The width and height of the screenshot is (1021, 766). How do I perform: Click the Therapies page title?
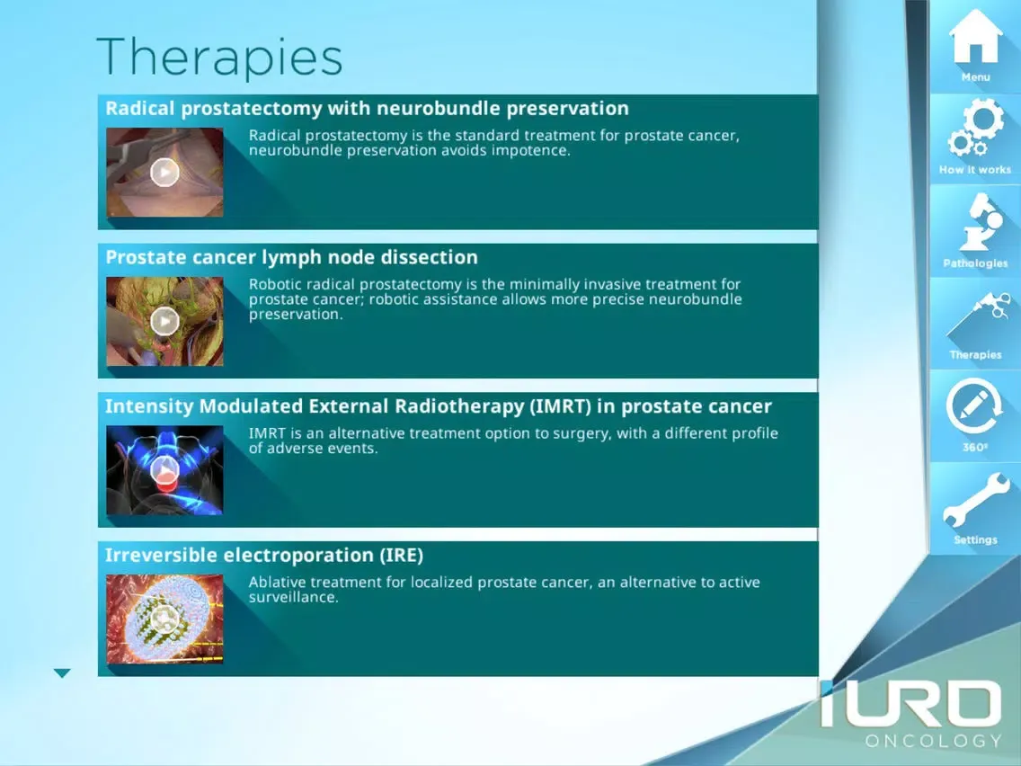coord(219,58)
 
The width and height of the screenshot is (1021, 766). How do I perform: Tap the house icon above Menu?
coord(975,37)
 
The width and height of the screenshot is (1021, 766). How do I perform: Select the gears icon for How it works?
coord(975,127)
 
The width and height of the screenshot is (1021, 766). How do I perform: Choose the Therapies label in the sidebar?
coord(975,355)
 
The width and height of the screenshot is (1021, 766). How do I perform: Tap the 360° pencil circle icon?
coord(975,406)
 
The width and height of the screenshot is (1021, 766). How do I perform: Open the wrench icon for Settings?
coord(976,500)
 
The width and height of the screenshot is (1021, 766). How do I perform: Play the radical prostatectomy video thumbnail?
coord(164,173)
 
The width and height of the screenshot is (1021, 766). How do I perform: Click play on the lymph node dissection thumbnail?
coord(164,321)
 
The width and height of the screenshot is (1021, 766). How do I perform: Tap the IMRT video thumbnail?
coord(164,470)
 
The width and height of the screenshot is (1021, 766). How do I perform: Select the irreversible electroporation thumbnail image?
coord(164,619)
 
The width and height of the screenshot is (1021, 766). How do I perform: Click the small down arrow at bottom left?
coord(62,672)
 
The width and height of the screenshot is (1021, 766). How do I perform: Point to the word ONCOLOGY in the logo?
coord(933,741)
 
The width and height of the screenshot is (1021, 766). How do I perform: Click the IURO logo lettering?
coord(910,703)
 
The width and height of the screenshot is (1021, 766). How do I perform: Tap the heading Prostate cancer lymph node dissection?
coord(292,257)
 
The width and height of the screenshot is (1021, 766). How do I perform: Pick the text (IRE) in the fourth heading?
coord(401,555)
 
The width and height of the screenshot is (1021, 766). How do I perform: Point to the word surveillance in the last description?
coord(294,597)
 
